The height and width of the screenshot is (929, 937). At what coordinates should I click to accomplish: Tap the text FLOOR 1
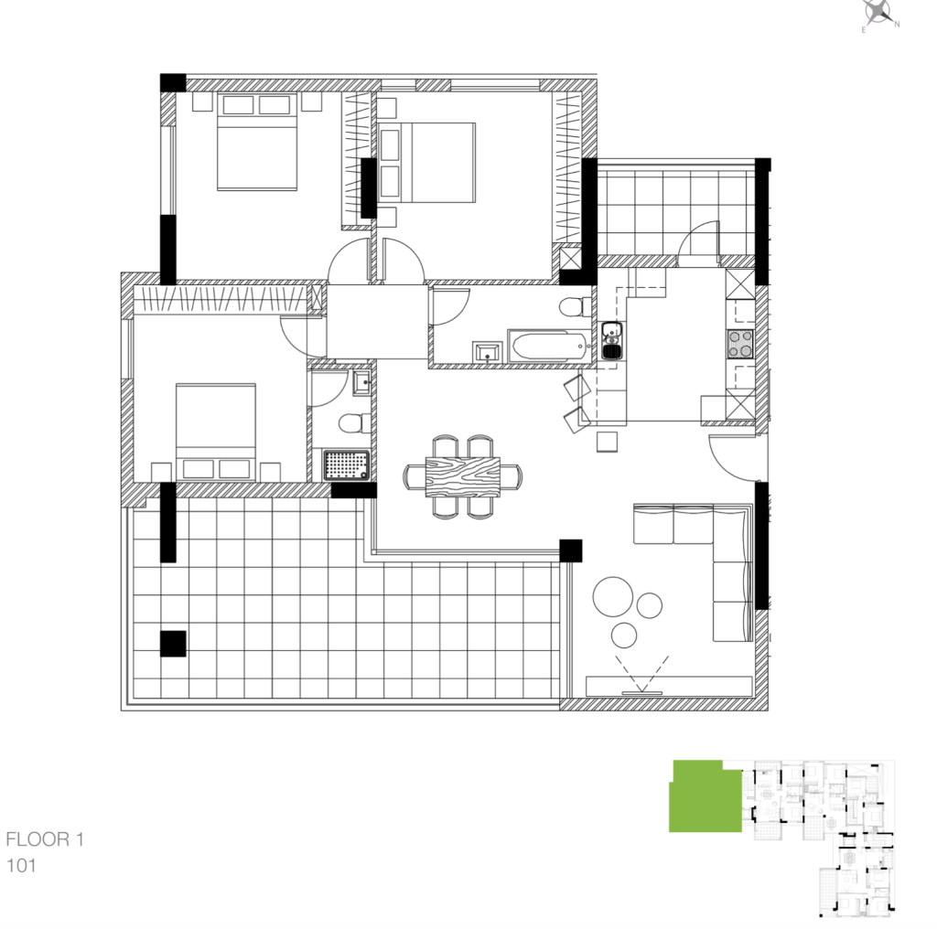coord(45,839)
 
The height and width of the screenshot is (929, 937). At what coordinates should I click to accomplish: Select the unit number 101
coord(21,866)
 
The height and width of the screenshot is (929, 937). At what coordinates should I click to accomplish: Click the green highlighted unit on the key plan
coord(705,796)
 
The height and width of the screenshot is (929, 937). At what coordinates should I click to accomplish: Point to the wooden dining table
coord(462,476)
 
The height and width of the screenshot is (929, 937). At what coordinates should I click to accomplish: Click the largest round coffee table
coord(612,596)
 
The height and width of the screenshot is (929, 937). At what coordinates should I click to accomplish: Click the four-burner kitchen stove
coord(739,345)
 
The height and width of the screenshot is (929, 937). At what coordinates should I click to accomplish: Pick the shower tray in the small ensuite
coord(346,465)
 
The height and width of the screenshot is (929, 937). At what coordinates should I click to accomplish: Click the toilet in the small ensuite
coord(354,424)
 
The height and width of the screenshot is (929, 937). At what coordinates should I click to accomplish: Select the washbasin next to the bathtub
coord(488,352)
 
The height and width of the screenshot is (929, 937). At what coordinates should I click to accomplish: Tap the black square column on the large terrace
coord(173,644)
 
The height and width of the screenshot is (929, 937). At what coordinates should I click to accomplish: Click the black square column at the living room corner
coord(571,550)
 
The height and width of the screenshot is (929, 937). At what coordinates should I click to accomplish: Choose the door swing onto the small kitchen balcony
coord(698,243)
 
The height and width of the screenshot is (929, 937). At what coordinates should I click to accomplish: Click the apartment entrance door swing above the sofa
coord(732,458)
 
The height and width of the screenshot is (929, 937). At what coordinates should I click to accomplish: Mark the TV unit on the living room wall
coord(669,686)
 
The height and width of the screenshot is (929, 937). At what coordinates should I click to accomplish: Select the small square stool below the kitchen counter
coord(608,442)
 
